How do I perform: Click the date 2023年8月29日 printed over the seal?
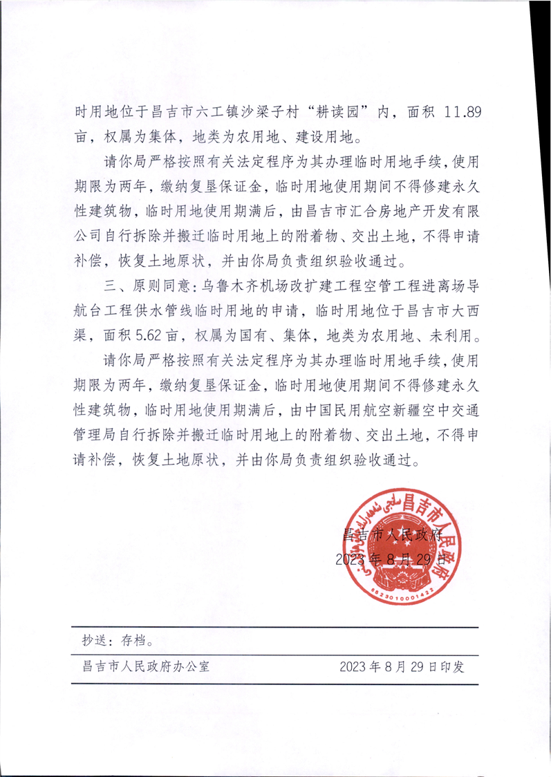tap(391, 559)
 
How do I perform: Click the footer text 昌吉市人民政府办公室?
tap(146, 667)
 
